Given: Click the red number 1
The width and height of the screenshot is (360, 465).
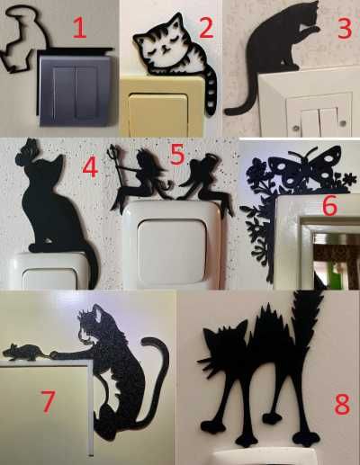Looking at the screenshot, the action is coord(80,28).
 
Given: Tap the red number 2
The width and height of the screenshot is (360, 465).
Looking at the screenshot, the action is coord(206,27).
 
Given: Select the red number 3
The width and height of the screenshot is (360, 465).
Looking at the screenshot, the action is coord(345,28).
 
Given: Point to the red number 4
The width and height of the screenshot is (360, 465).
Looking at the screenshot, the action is coord(90,167).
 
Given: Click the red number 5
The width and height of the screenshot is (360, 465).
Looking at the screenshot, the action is coord(177,155).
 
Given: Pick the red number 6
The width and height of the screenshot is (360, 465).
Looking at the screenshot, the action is coord(329,206).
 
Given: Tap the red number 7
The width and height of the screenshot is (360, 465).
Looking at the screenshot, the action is coord(48,401).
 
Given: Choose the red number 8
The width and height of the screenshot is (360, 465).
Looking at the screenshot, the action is coord(342,404).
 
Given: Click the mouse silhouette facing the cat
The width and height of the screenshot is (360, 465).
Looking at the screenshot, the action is coord(26,352).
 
